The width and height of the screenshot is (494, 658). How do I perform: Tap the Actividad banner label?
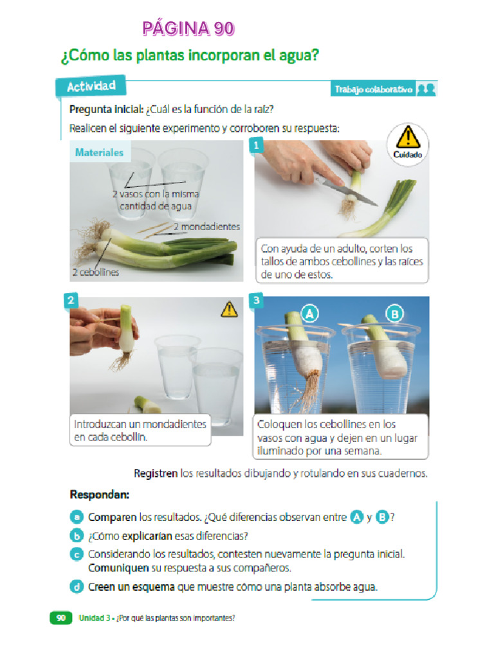pos(91,85)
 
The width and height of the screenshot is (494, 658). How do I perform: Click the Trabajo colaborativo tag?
pos(374,90)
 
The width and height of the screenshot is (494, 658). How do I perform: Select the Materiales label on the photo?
pos(99,153)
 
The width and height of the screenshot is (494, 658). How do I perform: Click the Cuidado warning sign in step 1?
pos(407,142)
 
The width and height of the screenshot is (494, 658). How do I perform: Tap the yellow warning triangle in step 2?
pos(229,310)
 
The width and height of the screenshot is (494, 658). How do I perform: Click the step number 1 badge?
pos(256,146)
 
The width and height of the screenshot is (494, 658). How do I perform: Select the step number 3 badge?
pos(256,300)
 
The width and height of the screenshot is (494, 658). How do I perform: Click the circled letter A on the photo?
pos(310,314)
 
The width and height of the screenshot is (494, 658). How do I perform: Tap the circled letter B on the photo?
pos(394,314)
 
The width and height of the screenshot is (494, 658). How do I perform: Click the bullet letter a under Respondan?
pos(77,517)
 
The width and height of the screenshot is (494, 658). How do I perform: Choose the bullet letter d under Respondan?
pos(77,586)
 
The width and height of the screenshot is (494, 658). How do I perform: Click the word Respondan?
pos(99,495)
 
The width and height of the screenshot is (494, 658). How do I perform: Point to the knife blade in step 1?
pos(348,191)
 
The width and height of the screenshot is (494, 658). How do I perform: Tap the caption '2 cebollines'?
pos(95,272)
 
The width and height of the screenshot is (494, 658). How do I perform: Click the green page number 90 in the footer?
pos(60,618)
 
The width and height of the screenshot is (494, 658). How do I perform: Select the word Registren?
pos(156,474)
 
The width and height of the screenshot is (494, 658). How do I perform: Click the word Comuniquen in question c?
pos(118,568)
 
